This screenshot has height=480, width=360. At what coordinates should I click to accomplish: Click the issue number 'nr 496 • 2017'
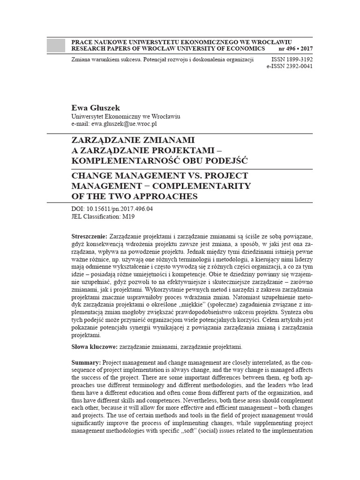295,49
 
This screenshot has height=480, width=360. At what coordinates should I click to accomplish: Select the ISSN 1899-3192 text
292,60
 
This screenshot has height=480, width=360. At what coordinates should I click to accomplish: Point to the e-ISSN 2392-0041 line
289,67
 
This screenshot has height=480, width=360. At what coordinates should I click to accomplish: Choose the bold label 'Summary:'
86,363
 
